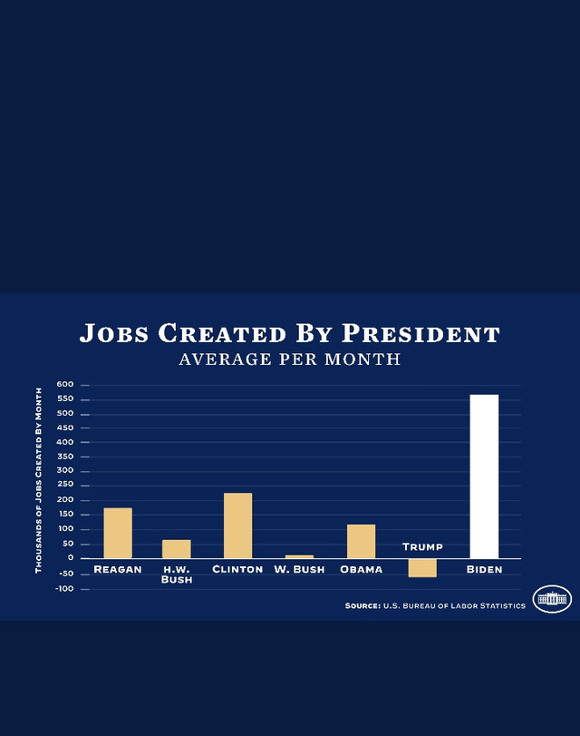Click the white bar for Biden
tap(484, 476)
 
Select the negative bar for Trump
tap(422, 568)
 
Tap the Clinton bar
tap(237, 525)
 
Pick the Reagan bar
tap(118, 534)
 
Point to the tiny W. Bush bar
tap(299, 556)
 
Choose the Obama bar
tap(361, 542)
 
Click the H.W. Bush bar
tap(177, 549)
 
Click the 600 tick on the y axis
tap(65, 385)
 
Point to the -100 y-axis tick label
tap(64, 589)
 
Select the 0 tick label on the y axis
tap(71, 558)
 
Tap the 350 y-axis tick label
tap(65, 456)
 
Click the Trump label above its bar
tap(422, 547)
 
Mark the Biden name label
tap(484, 569)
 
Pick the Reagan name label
tap(118, 569)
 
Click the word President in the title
tap(421, 334)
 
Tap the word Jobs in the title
tap(114, 334)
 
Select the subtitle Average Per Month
tap(290, 359)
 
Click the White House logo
tap(552, 599)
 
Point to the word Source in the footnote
tap(362, 606)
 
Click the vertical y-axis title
tap(38, 480)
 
